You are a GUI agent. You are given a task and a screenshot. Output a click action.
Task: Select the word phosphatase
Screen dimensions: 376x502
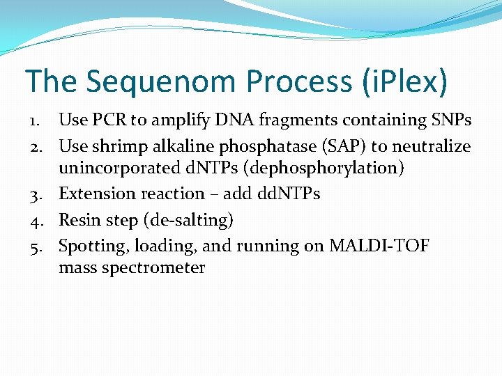point(269,147)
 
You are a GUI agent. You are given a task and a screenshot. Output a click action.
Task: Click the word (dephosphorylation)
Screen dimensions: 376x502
point(321,169)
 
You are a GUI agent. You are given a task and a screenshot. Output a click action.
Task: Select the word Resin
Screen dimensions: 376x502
point(79,220)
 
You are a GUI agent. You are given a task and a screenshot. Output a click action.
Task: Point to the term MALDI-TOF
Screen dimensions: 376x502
point(381,246)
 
